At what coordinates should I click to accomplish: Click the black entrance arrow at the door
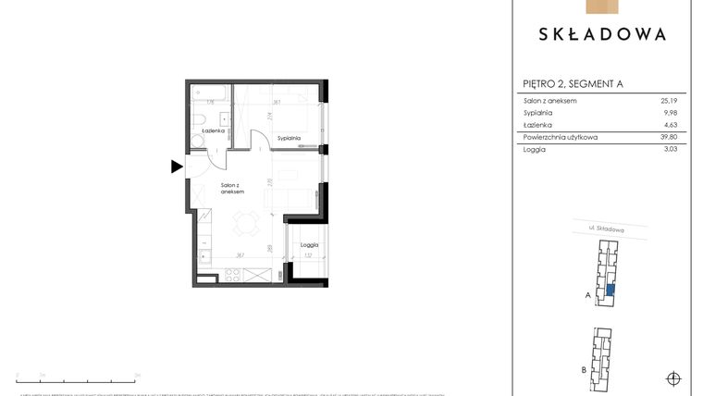pos(177,167)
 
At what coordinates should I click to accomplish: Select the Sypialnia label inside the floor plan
pos(289,138)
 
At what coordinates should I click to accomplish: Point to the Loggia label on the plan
pos(309,244)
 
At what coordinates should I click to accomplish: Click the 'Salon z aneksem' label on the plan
pos(232,188)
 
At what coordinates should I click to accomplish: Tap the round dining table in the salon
pos(246,221)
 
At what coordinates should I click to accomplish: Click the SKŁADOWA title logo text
pos(601,34)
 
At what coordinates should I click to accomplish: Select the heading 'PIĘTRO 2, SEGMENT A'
pos(573,84)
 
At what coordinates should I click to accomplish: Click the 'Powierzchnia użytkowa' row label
pos(561,137)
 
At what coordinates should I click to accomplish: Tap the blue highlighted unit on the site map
pos(610,290)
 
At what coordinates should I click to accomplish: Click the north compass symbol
pos(673,377)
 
